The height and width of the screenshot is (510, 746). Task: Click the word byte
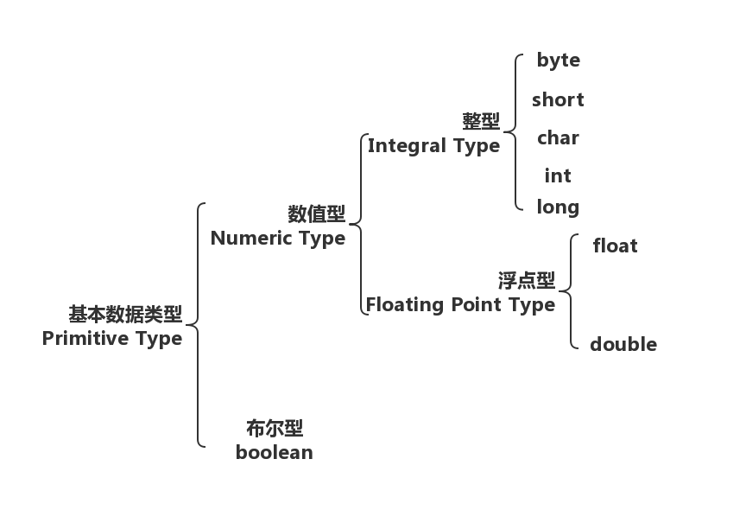[558, 61]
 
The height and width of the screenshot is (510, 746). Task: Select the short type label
[558, 99]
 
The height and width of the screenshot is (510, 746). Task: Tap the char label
[558, 137]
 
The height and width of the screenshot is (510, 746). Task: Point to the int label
[558, 175]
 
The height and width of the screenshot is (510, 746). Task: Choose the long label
[558, 207]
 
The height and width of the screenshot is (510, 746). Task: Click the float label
[615, 245]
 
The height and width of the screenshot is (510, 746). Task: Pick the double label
[623, 344]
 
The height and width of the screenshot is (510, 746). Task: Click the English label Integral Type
[433, 145]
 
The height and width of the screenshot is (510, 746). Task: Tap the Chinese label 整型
[481, 122]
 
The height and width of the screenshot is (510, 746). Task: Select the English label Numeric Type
[277, 238]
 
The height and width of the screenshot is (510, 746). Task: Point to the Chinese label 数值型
[316, 214]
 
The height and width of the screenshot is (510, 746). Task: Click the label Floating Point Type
[459, 304]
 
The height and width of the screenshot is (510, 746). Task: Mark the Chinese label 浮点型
[526, 281]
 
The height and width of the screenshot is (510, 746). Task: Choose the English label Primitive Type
[112, 338]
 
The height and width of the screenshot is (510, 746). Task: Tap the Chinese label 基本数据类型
[125, 314]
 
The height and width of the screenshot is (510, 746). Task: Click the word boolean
[274, 452]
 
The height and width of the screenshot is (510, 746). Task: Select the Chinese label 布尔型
[274, 429]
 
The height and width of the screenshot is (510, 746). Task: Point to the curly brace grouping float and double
[571, 290]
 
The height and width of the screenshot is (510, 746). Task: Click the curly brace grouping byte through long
[515, 132]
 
